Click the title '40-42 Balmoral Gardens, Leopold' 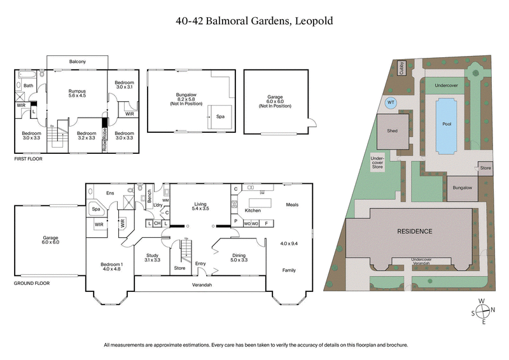tap(254, 20)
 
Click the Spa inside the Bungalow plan tap(220, 117)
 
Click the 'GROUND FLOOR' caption tap(32, 284)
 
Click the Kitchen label tap(253, 209)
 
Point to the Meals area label tap(292, 205)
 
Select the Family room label tap(289, 270)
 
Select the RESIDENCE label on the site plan tap(415, 231)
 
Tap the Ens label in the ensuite tap(109, 192)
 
